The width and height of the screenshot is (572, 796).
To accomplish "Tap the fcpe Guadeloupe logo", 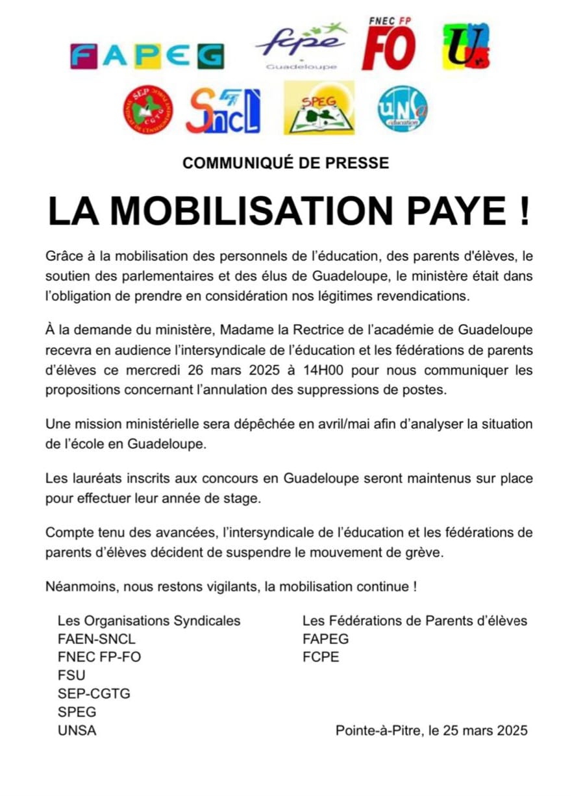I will tap(301, 47).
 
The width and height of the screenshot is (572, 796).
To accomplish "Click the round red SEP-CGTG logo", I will tap(148, 109).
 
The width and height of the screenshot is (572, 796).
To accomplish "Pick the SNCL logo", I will tap(223, 110).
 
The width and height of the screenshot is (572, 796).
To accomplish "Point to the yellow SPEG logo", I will tap(319, 108).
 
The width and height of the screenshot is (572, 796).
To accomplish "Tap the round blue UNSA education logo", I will tap(403, 108).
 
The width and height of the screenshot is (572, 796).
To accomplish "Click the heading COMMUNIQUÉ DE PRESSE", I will tap(286, 163).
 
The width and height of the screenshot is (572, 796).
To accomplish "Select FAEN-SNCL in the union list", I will tap(97, 638).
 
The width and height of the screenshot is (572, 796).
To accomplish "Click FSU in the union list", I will tap(71, 675).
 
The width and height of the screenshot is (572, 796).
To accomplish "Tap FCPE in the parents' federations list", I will tap(321, 657).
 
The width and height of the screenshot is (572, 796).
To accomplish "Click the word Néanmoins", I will tap(77, 587).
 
